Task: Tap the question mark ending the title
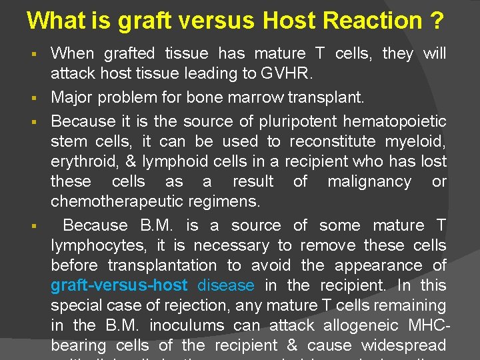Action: coord(436,21)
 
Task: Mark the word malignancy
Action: coord(371,181)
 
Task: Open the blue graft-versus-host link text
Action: coord(119,285)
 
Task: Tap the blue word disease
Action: coord(226,285)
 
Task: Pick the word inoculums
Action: coord(192,325)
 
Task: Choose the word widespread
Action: coord(403,345)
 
